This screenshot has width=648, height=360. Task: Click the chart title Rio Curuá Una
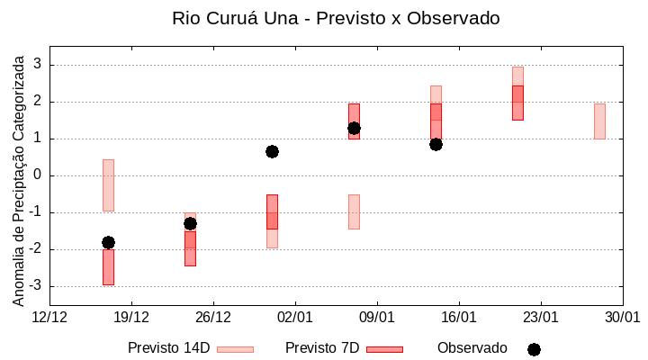point(335,18)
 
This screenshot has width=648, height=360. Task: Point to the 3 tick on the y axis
point(39,65)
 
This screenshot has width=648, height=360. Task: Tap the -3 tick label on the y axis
point(36,286)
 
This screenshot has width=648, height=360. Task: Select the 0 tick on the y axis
point(39,175)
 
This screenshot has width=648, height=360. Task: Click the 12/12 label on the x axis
point(49,317)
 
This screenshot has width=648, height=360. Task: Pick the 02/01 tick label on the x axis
point(295,317)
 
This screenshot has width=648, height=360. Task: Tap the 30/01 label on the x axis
point(622,317)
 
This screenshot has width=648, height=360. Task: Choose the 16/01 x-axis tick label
point(459,317)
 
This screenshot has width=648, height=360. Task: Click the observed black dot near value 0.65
point(272,151)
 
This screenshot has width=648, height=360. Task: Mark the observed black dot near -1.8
point(108,242)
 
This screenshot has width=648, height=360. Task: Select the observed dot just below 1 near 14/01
point(436,144)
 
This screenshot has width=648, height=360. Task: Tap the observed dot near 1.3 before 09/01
point(354,128)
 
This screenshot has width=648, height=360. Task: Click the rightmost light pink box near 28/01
point(599,121)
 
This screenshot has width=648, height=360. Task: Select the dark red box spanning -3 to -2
point(108,267)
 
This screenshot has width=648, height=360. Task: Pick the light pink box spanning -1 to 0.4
point(108,184)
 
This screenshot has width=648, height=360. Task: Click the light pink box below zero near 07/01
point(354,211)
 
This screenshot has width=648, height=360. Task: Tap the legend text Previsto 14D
point(169,347)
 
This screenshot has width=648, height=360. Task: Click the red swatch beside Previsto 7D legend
point(384,349)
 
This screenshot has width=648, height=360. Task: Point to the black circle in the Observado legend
point(534,349)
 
